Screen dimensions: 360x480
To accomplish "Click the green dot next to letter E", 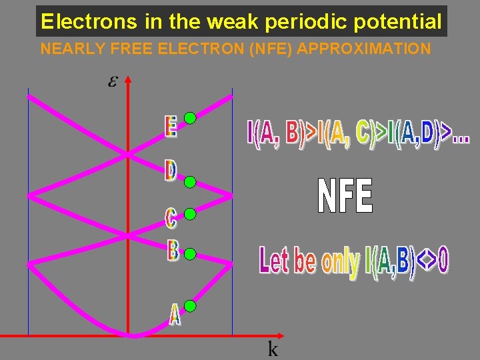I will point(190,119).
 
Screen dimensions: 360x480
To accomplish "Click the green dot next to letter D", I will point(190,181).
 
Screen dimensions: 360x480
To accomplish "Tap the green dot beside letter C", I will point(190,214).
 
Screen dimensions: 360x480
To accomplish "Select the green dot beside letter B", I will point(190,254).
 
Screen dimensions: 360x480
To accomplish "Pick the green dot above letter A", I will point(190,307).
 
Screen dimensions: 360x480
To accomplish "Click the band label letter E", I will point(171,127).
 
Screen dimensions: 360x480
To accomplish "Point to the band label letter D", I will point(171,171).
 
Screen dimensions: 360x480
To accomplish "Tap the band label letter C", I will point(171,217).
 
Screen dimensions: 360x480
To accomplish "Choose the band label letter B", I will point(173,251).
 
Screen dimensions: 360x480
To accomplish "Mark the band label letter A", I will point(175,315).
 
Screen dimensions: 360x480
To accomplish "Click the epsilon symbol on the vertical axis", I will point(113,82).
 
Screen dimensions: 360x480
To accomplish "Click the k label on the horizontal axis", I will point(273,349).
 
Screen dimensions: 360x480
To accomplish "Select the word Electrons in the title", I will point(88,22).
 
